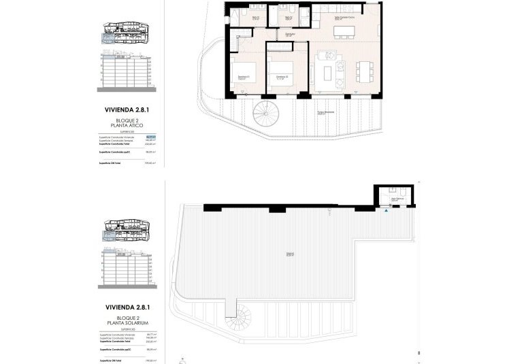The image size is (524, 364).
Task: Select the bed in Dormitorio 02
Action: (x=282, y=71)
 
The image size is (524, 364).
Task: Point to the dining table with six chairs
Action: (x=363, y=70)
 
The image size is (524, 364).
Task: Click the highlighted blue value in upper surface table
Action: (x=151, y=137)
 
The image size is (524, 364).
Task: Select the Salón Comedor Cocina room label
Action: (x=344, y=18)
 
